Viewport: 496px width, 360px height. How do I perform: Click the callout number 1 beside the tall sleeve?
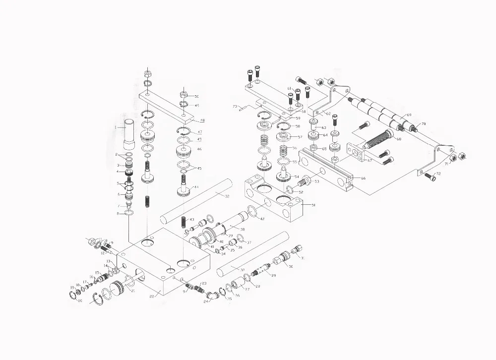pyautogui.click(x=116, y=127)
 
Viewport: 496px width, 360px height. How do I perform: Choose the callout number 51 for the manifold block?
pyautogui.click(x=312, y=205)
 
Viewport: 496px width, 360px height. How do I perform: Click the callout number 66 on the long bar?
pyautogui.click(x=363, y=178)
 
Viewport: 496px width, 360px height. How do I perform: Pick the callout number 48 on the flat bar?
pyautogui.click(x=201, y=120)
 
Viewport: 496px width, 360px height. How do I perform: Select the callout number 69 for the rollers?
pyautogui.click(x=409, y=115)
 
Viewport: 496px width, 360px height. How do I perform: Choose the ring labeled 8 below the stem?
pyautogui.click(x=128, y=213)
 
